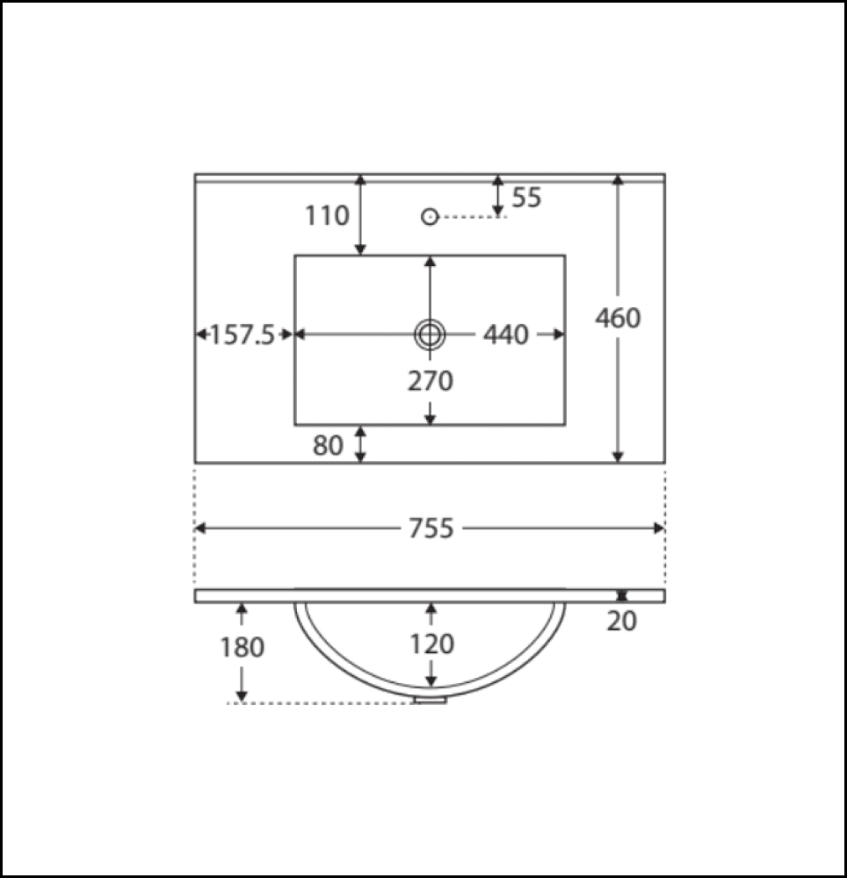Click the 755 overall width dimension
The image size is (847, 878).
[x=431, y=528]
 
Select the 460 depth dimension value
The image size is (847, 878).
[x=618, y=318]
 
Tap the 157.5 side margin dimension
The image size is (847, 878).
[x=243, y=335]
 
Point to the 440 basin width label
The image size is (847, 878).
[x=506, y=335]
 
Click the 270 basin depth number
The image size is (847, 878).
[x=430, y=381]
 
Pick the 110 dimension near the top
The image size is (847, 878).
[x=328, y=215]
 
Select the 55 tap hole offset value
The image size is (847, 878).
[x=527, y=198]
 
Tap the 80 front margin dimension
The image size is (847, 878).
[x=328, y=446]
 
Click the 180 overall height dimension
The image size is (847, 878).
[x=242, y=648]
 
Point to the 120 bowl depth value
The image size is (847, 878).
[x=431, y=644]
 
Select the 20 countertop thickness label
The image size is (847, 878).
[x=622, y=621]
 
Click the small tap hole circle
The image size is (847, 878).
[x=430, y=216]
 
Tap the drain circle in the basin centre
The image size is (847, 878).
[x=430, y=334]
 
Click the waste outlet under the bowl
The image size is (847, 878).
[x=430, y=700]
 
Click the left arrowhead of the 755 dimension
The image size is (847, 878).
[x=200, y=528]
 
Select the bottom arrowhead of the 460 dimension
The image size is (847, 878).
[x=618, y=456]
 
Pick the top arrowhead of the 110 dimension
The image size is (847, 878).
[x=360, y=180]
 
